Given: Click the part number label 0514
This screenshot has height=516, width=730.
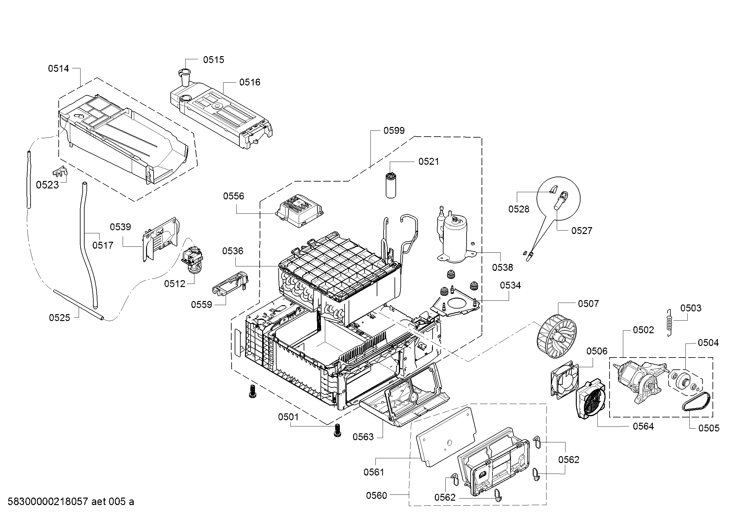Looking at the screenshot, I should tap(58, 68).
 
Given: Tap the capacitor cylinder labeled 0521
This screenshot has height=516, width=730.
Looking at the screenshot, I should tap(391, 186).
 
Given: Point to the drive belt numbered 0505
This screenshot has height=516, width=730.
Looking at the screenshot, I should tap(695, 403).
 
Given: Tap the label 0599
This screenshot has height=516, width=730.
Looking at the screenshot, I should tap(394, 131).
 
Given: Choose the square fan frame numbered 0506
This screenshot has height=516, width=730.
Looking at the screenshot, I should tap(563, 380).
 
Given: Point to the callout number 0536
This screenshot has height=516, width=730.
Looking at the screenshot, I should tap(233, 251).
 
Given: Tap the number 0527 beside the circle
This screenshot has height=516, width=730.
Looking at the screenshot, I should tap(581, 231).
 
